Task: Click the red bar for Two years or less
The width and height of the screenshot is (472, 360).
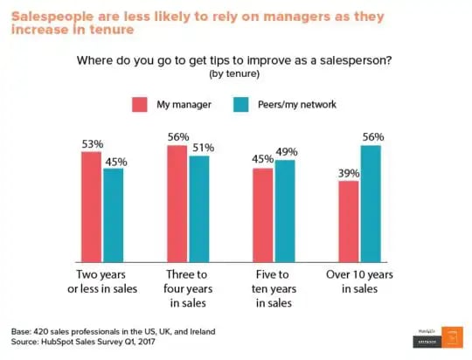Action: coord(92,207)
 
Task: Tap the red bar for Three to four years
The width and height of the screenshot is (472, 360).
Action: coord(177,204)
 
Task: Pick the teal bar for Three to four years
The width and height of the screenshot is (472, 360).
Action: coord(198,209)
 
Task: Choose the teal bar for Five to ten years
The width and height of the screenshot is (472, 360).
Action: coord(284,211)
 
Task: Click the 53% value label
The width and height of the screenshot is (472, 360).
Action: coord(92,142)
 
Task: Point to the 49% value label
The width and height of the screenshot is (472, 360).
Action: coord(286,150)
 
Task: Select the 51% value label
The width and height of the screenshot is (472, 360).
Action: coord(200,146)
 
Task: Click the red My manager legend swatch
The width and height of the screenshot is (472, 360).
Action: coord(140,105)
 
